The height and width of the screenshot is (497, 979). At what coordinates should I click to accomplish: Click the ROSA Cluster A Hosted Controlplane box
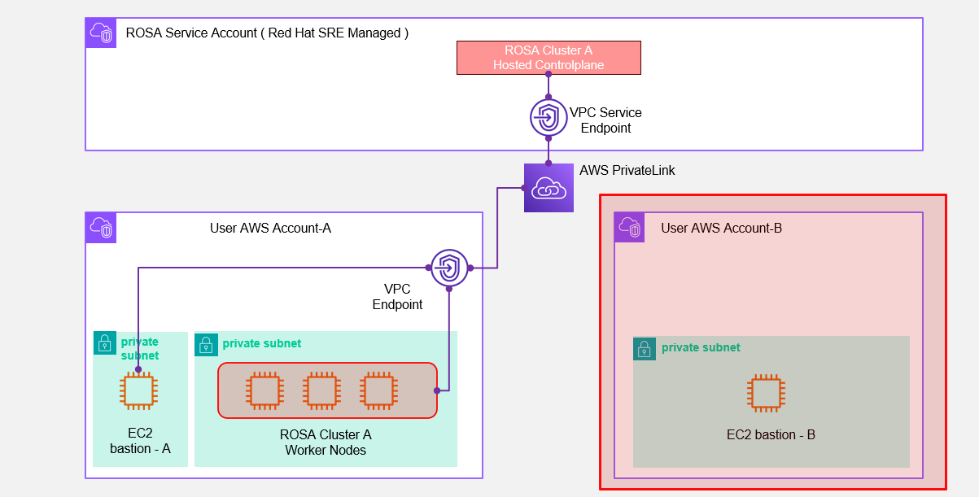click(549, 58)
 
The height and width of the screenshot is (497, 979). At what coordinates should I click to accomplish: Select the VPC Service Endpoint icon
click(549, 117)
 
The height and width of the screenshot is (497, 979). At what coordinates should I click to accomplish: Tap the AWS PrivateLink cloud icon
click(549, 188)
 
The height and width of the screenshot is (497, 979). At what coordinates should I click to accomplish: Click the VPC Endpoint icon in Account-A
click(449, 267)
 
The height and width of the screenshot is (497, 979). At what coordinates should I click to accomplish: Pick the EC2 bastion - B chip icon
click(765, 393)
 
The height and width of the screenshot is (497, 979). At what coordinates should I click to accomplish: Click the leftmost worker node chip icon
click(264, 390)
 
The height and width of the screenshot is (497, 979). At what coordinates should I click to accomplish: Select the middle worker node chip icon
click(321, 390)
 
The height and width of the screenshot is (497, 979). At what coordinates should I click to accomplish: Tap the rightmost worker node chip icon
click(379, 390)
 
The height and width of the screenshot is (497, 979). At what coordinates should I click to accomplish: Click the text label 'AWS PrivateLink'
click(627, 171)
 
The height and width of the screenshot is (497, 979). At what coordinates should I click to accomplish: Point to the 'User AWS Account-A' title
click(270, 228)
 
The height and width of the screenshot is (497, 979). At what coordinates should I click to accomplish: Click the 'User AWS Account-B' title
click(721, 228)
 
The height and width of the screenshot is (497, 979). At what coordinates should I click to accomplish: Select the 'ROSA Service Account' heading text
click(267, 33)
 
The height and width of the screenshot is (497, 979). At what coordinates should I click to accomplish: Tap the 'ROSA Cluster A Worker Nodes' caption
click(326, 443)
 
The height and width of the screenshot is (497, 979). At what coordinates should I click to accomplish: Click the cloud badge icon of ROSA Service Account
click(101, 33)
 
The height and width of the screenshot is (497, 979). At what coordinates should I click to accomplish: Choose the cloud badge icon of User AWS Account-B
click(629, 228)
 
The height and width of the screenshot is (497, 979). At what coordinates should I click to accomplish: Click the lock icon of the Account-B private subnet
click(645, 349)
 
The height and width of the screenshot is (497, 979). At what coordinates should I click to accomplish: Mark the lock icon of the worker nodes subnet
click(206, 344)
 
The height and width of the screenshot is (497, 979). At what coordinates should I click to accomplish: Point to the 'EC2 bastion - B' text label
click(771, 435)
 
